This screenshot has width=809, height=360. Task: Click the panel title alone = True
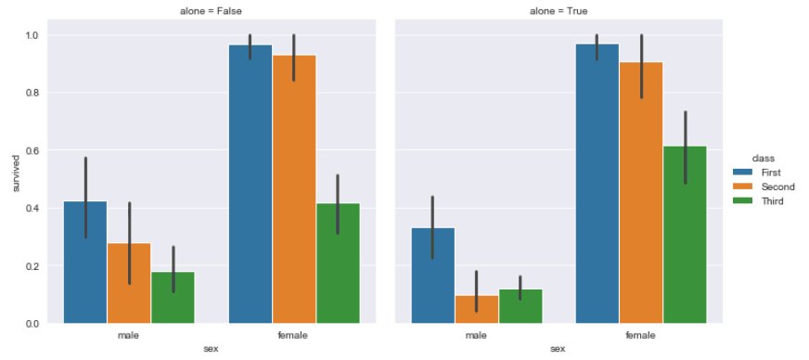(559, 11)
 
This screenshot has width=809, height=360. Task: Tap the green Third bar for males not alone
(173, 297)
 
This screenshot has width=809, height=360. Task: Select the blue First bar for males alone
(431, 275)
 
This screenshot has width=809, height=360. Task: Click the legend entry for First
(762, 173)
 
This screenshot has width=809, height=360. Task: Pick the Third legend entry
(762, 200)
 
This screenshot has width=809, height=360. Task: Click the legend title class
(764, 159)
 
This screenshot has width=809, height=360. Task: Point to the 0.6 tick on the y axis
(32, 150)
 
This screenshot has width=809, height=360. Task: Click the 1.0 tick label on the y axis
(32, 35)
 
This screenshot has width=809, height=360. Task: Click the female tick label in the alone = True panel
(641, 335)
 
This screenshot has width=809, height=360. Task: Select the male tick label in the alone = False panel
(129, 335)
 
